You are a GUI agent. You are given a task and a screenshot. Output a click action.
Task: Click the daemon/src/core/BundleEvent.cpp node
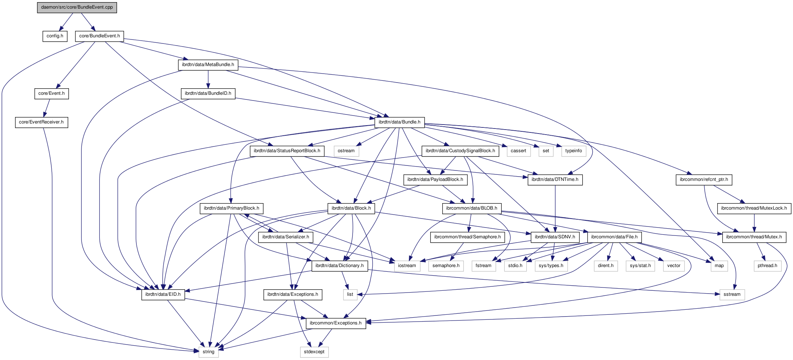(x=77, y=7)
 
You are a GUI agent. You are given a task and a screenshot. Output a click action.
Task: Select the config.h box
(x=55, y=36)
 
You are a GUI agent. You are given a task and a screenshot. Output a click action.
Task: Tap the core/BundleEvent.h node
(x=99, y=36)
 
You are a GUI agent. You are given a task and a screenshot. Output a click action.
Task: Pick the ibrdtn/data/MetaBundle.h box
(x=208, y=65)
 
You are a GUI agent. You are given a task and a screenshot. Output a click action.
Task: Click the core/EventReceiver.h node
(x=41, y=122)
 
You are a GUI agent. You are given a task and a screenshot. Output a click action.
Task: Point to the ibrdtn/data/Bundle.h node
(x=399, y=122)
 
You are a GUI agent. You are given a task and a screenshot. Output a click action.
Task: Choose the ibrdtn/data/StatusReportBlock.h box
(x=287, y=151)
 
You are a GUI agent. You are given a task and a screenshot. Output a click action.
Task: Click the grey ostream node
(x=346, y=151)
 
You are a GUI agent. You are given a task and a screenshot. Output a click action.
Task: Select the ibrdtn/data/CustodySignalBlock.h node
(x=460, y=151)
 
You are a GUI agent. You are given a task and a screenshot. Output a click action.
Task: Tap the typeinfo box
(x=573, y=151)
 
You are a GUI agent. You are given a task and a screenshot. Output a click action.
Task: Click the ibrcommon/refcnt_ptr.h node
(x=704, y=179)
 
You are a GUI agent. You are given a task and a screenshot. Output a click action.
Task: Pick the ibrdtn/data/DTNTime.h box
(x=555, y=179)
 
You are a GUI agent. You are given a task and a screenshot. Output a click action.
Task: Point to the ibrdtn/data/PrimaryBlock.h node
(x=231, y=208)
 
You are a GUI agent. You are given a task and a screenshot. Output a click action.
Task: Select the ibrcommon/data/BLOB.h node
(x=471, y=208)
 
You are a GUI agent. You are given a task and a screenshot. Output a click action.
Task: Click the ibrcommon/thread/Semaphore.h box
(x=467, y=237)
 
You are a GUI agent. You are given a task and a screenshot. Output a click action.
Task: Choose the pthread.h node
(x=767, y=266)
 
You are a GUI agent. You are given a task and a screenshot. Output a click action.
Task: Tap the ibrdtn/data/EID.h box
(x=163, y=294)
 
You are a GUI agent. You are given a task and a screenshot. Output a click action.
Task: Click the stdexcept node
(x=314, y=352)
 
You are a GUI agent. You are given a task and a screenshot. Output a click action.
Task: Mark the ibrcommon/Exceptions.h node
(x=336, y=323)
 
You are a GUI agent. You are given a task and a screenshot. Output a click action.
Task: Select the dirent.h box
(x=606, y=266)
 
